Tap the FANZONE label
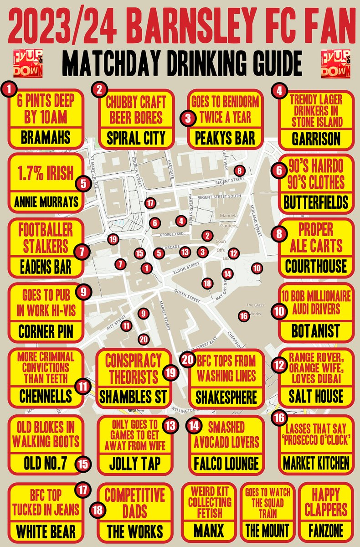click(324, 530)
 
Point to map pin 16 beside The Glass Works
click(243, 315)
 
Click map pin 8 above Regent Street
click(240, 170)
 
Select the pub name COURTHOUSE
click(316, 266)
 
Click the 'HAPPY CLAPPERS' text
click(325, 502)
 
